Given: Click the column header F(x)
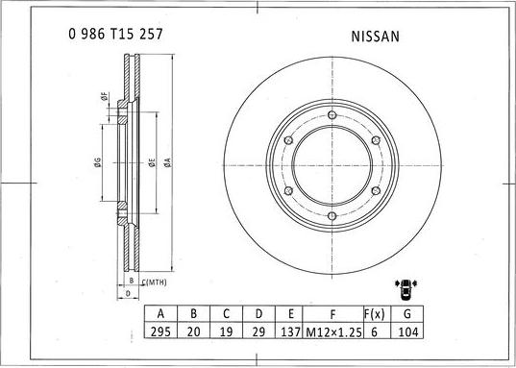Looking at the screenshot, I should (x=375, y=313).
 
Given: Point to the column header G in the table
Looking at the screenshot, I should (x=409, y=313).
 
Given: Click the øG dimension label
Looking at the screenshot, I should (x=98, y=162).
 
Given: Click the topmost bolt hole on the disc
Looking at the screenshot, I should (x=332, y=115).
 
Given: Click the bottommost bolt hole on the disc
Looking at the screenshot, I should (x=332, y=215).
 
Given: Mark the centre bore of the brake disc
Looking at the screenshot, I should (x=332, y=165).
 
